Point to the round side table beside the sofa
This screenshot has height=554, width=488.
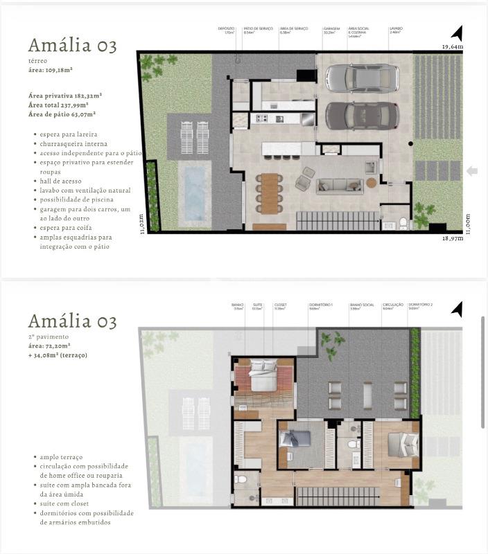point(372,183)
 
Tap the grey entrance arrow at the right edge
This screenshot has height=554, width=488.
point(472,171)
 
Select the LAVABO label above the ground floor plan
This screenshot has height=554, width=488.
point(397,28)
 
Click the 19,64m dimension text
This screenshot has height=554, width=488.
point(453,46)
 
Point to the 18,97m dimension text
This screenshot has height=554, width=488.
point(453,238)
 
